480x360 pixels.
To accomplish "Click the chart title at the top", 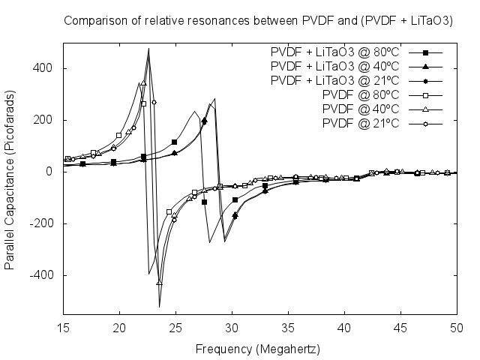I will [258, 20].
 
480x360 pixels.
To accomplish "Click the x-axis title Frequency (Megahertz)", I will [258, 349].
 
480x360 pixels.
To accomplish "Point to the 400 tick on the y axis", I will [46, 68].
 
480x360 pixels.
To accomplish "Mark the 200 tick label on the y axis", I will [46, 120].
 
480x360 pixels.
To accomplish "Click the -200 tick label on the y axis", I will [43, 223].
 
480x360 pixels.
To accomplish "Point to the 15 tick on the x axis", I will [63, 328].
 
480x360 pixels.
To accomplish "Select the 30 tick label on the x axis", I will [232, 328].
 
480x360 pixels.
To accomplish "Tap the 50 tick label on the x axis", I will [457, 328].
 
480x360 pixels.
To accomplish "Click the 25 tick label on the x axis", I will [175, 328].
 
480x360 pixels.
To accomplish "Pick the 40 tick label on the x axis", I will [344, 328].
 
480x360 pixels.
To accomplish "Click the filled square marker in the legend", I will [425, 52].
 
